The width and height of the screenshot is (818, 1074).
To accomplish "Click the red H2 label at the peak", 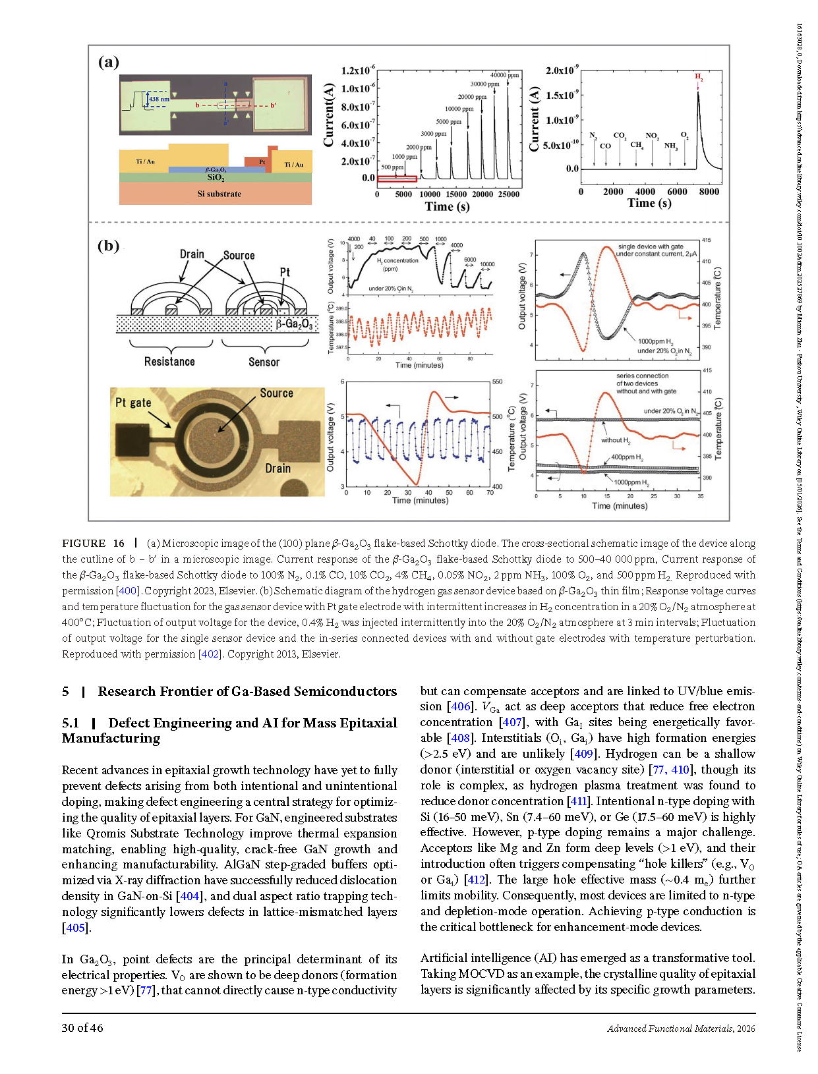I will point(699,77).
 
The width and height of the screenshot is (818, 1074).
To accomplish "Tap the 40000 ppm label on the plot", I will point(504,75).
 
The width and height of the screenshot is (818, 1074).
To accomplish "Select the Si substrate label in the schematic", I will point(219,194).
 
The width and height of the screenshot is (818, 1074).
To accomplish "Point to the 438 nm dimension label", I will point(159,99).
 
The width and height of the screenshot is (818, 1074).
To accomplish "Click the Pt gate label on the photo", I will point(133,403).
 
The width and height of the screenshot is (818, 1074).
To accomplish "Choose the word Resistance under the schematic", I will point(169,362).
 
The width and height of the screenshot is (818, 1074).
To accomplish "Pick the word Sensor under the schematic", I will point(264,362).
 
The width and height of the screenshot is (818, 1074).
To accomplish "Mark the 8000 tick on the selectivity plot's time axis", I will point(709,192).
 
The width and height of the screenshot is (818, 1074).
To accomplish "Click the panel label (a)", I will point(109,62).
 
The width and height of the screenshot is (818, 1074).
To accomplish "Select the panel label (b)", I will point(109,246).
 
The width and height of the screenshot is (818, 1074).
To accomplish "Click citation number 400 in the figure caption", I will point(127,591).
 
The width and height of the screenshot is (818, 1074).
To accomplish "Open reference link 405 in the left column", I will point(75,928).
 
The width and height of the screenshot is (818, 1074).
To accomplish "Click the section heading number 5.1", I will point(71,723).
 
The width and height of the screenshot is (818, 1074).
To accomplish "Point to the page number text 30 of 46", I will point(82,1028).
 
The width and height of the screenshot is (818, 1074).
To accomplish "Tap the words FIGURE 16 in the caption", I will point(93,544).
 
